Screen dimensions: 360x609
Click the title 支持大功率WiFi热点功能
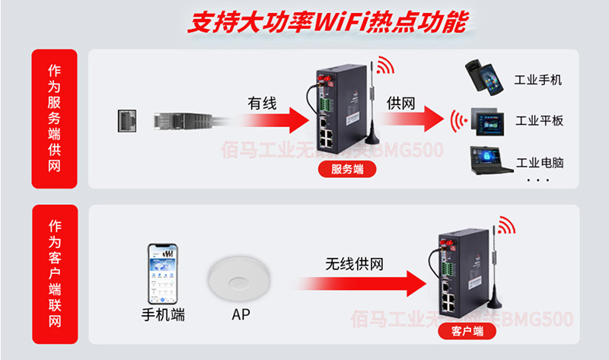(327, 23)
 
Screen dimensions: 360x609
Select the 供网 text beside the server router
(400, 102)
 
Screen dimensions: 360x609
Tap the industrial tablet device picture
(489, 120)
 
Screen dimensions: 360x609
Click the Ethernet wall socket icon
(127, 120)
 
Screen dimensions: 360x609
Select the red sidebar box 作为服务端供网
(54, 119)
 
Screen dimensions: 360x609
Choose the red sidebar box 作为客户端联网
(54, 272)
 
